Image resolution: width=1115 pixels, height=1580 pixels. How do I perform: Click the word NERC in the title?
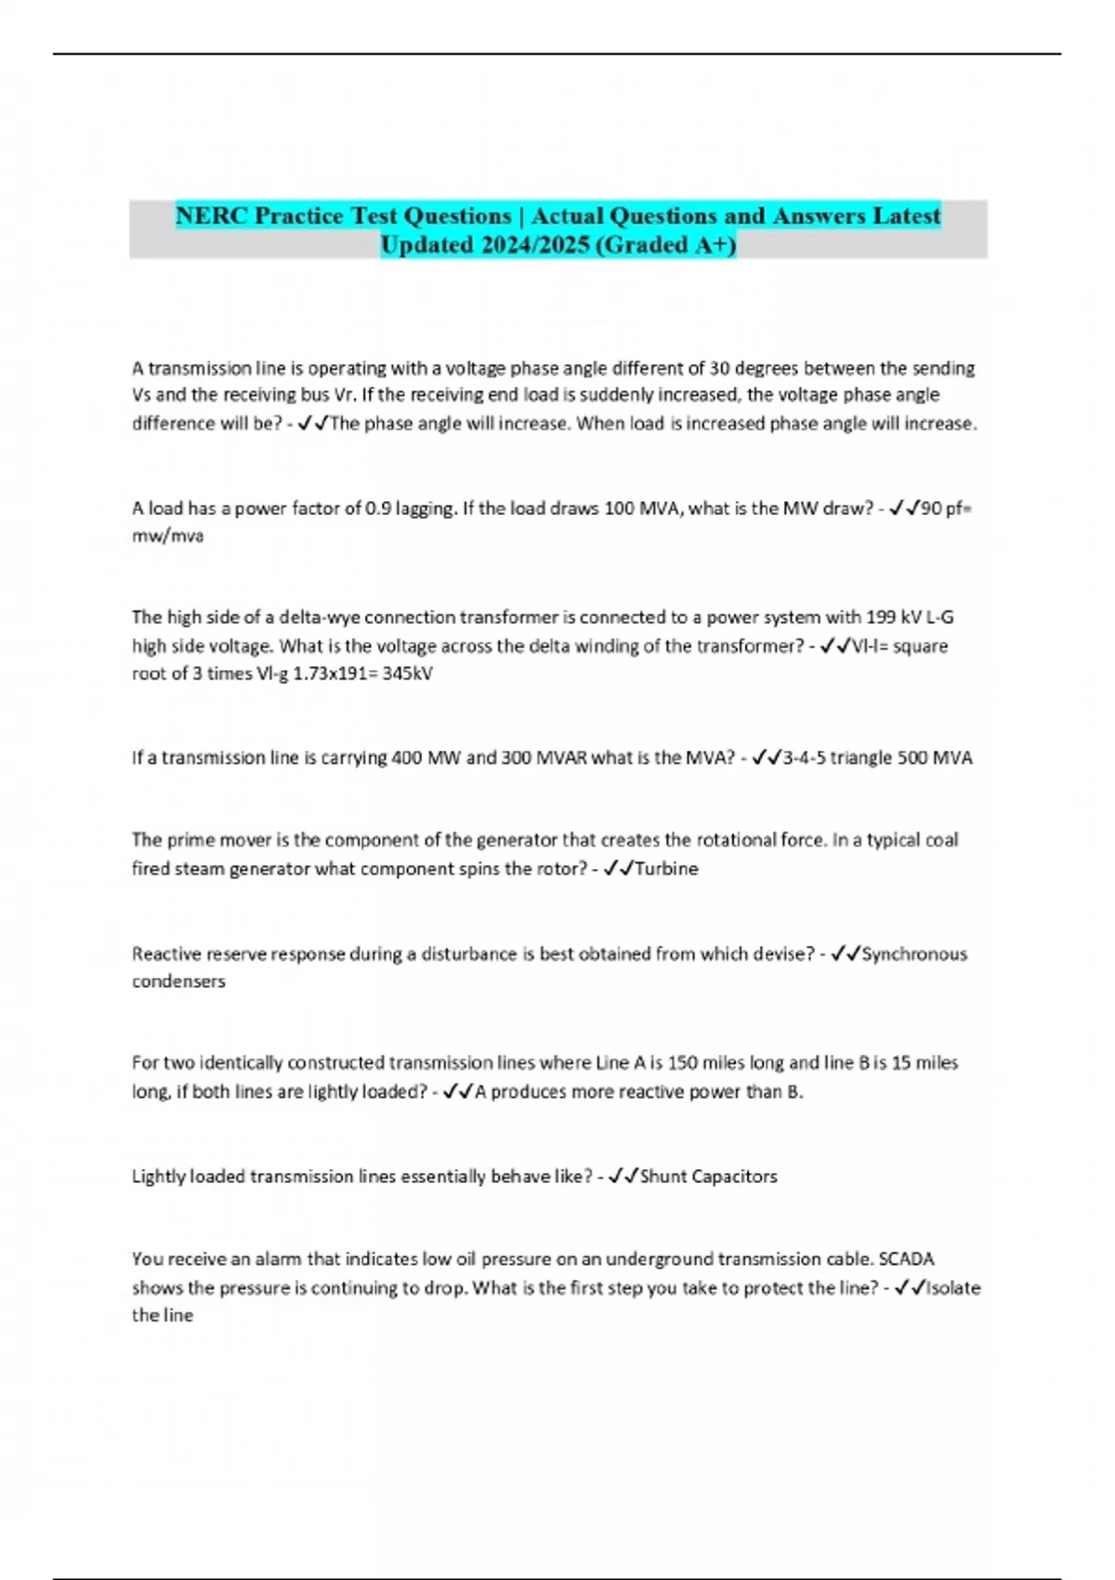click(212, 216)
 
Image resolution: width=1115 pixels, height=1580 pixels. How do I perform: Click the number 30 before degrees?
click(720, 368)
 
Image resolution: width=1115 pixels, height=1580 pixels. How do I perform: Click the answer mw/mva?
click(167, 536)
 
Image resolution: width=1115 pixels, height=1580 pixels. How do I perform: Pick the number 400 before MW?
click(406, 757)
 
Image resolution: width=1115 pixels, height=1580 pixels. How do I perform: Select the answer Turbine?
click(666, 869)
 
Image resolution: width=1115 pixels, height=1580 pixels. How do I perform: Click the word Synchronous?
click(914, 954)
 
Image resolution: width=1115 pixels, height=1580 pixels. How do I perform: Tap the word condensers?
click(178, 981)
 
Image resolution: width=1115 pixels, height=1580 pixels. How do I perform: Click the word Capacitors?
click(732, 1177)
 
